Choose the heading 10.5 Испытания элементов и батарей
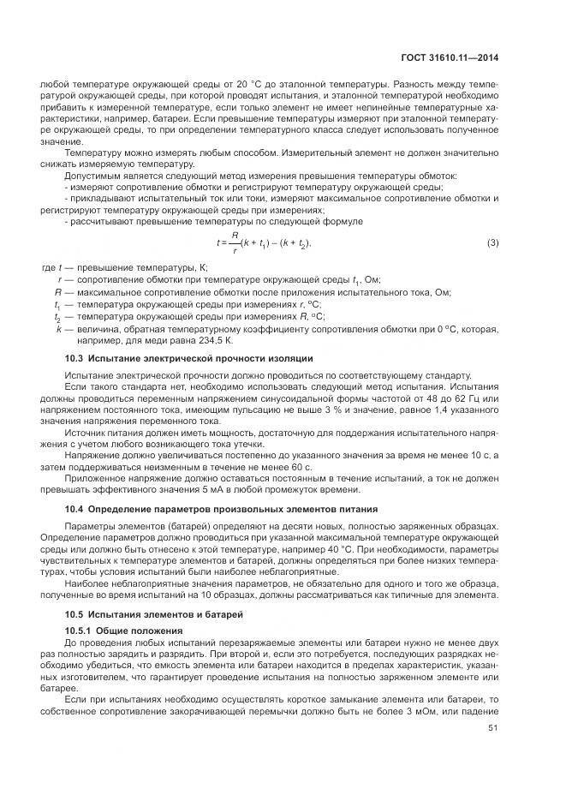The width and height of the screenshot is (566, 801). pos(143,614)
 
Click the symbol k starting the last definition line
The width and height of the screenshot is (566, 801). pos(58,327)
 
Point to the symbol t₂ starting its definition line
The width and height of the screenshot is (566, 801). pos(58,316)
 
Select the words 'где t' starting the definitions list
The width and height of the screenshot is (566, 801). pos(53,267)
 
